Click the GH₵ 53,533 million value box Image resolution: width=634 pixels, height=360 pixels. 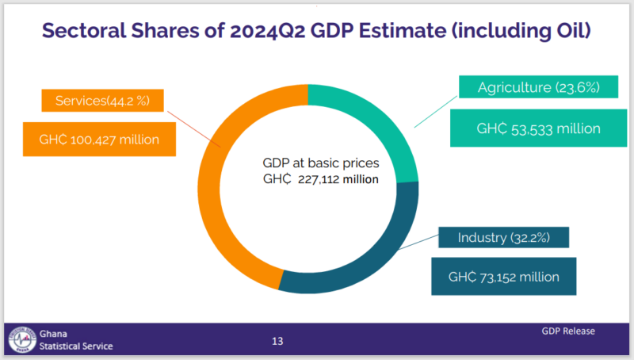[537, 128]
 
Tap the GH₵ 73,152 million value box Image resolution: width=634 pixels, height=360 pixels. [503, 277]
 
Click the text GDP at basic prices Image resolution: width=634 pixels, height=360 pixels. [321, 163]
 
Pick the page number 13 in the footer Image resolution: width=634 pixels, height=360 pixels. [277, 342]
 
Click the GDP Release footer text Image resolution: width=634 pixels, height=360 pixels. [568, 331]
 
